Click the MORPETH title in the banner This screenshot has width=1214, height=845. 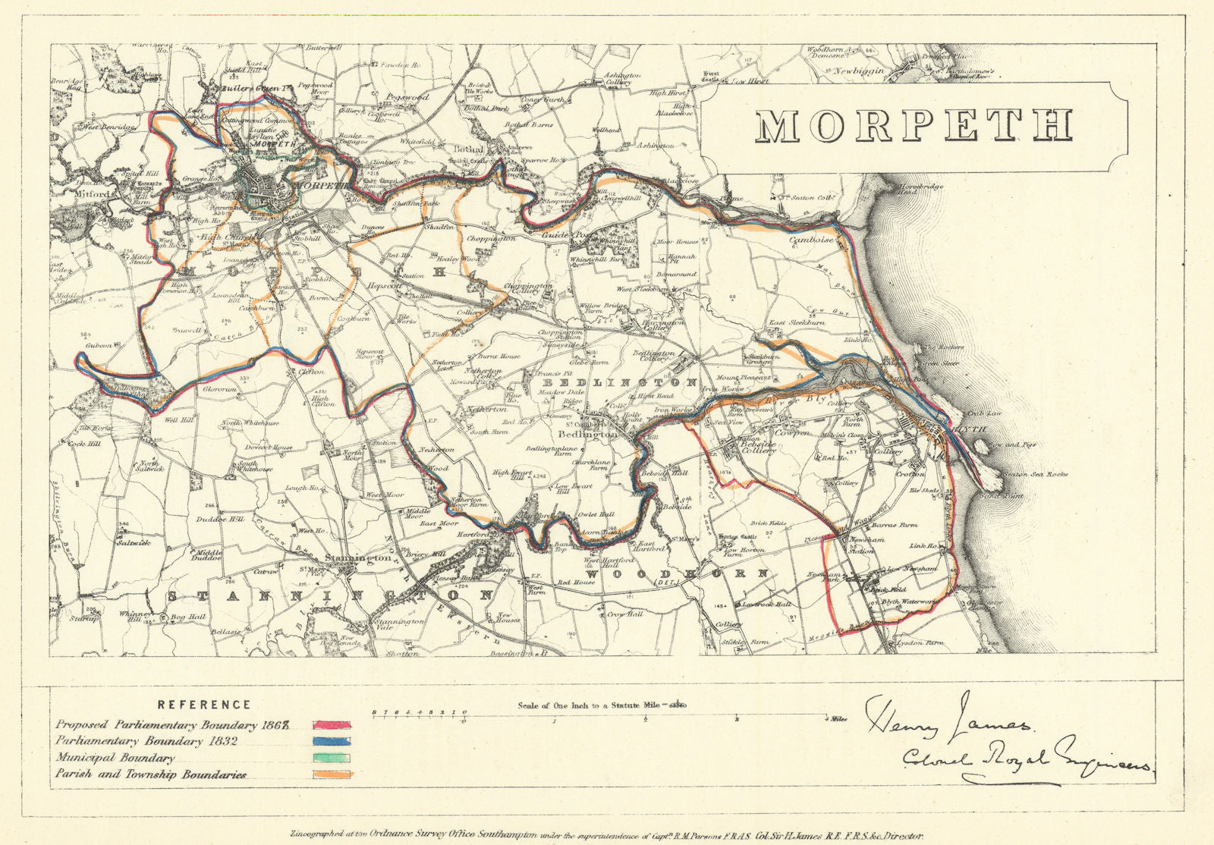[x=914, y=127]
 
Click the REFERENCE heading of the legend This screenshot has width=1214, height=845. [x=203, y=705]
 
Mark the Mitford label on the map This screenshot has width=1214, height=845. [x=74, y=194]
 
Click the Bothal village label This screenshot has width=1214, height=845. [x=464, y=149]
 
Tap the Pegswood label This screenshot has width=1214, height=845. [x=408, y=97]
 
